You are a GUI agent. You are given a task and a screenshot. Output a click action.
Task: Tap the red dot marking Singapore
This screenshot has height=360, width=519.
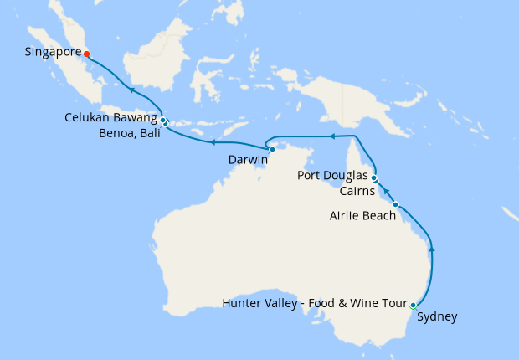click(87, 54)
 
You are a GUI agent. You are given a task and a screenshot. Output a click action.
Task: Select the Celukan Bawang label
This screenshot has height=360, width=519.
click(110, 118)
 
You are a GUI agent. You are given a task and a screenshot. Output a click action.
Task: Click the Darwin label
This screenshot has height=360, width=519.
click(248, 159)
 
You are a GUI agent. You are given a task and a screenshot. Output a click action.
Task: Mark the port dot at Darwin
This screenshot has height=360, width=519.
click(272, 149)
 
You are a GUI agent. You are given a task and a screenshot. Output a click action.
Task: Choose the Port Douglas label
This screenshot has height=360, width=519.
click(332, 176)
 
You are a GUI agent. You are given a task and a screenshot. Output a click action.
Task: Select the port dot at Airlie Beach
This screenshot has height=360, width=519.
click(395, 204)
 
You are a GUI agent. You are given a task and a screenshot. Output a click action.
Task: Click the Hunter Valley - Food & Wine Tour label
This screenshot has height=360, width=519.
click(315, 302)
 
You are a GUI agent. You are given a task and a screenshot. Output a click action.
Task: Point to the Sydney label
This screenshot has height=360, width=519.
click(437, 316)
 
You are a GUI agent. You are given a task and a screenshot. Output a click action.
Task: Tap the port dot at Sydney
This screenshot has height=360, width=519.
click(414, 305)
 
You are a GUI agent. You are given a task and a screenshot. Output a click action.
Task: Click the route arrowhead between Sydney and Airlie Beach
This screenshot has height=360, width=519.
click(432, 248)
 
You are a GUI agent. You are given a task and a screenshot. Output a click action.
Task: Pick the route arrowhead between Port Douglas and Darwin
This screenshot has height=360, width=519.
click(331, 136)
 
